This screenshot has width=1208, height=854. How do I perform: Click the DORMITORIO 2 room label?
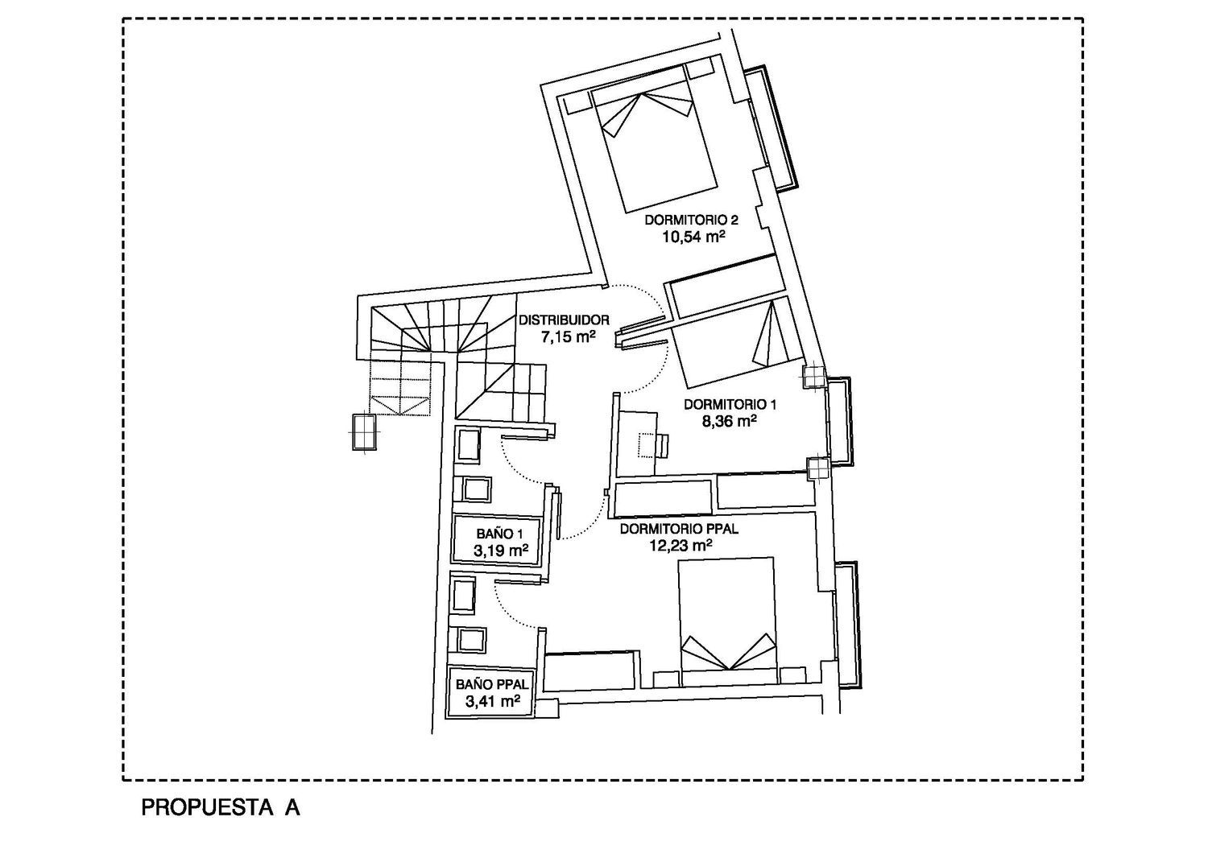coord(692,220)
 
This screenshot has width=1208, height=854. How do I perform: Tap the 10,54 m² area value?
coord(693,237)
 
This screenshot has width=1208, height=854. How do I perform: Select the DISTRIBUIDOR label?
coord(564,320)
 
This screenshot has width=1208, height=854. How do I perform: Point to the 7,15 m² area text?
coord(568,337)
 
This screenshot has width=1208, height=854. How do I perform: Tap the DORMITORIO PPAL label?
coord(679,530)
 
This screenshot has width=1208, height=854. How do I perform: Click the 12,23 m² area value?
coord(681,546)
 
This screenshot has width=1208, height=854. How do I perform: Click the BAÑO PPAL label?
coord(492,684)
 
